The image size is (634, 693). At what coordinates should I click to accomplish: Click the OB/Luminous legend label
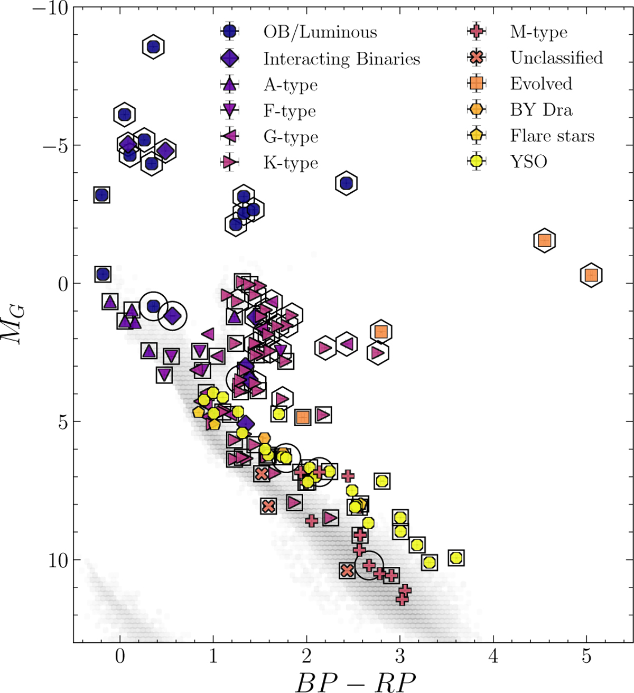tap(320, 32)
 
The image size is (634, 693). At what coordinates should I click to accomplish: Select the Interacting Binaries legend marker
tap(230, 58)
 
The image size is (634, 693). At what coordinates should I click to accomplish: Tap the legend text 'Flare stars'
tap(552, 136)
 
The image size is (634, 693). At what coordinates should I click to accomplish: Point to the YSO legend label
tap(528, 162)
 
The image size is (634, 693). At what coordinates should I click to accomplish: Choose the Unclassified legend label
tap(556, 58)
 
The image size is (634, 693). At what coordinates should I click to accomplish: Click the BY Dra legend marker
tap(477, 109)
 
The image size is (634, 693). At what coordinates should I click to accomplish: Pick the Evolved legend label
tap(541, 83)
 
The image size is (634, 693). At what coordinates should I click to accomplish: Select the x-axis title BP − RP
tap(355, 681)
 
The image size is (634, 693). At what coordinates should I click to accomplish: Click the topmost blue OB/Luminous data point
tap(153, 47)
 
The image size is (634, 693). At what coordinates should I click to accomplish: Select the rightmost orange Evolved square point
tap(591, 275)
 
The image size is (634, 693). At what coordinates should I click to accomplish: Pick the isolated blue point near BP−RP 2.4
tap(346, 183)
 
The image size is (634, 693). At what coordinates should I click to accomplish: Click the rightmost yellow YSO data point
tap(456, 558)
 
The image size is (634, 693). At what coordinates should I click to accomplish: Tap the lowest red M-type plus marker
tap(402, 600)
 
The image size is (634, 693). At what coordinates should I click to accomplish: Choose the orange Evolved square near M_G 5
tap(303, 417)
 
